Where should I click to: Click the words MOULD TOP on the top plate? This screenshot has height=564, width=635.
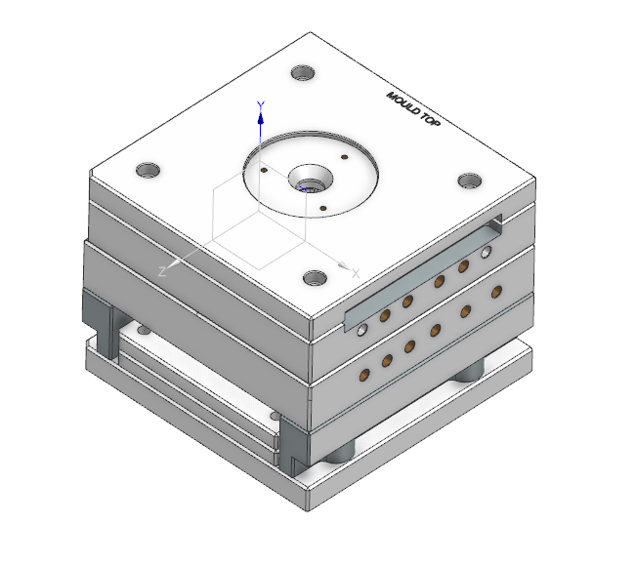click(x=413, y=108)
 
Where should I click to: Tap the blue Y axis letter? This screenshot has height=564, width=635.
click(x=261, y=106)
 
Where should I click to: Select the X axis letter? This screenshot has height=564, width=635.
click(x=356, y=274)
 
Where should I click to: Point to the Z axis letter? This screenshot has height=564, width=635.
click(x=162, y=271)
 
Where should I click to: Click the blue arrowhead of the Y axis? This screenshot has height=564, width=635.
click(x=261, y=118)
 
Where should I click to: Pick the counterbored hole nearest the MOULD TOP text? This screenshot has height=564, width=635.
click(x=303, y=73)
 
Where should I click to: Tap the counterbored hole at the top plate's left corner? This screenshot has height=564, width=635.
click(x=148, y=171)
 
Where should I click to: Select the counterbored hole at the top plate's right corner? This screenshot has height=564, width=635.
click(x=470, y=181)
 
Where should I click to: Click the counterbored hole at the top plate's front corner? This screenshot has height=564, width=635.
click(x=316, y=278)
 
